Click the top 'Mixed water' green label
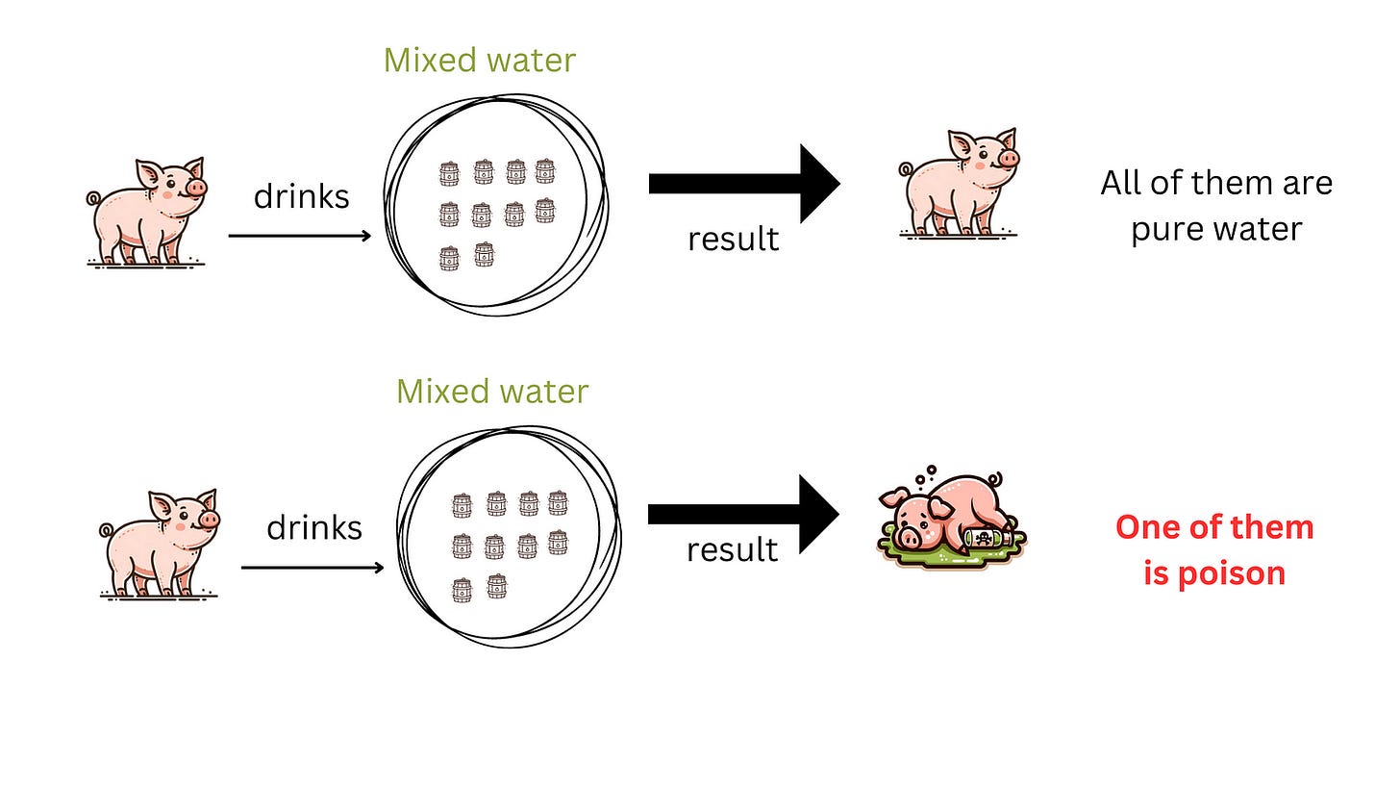pyautogui.click(x=479, y=60)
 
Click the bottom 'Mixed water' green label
pyautogui.click(x=492, y=392)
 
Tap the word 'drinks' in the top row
pyautogui.click(x=301, y=196)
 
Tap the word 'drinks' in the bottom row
pyautogui.click(x=314, y=527)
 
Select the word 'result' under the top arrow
pyautogui.click(x=733, y=239)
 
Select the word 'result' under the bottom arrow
pyautogui.click(x=732, y=549)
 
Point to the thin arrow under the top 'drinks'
pyautogui.click(x=299, y=236)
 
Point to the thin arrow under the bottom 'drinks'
pyautogui.click(x=312, y=568)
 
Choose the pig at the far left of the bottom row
pyautogui.click(x=160, y=543)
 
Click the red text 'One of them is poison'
pyautogui.click(x=1214, y=549)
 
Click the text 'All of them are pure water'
pyautogui.click(x=1216, y=206)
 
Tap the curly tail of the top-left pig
pyautogui.click(x=93, y=198)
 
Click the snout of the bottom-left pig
pyautogui.click(x=209, y=520)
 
